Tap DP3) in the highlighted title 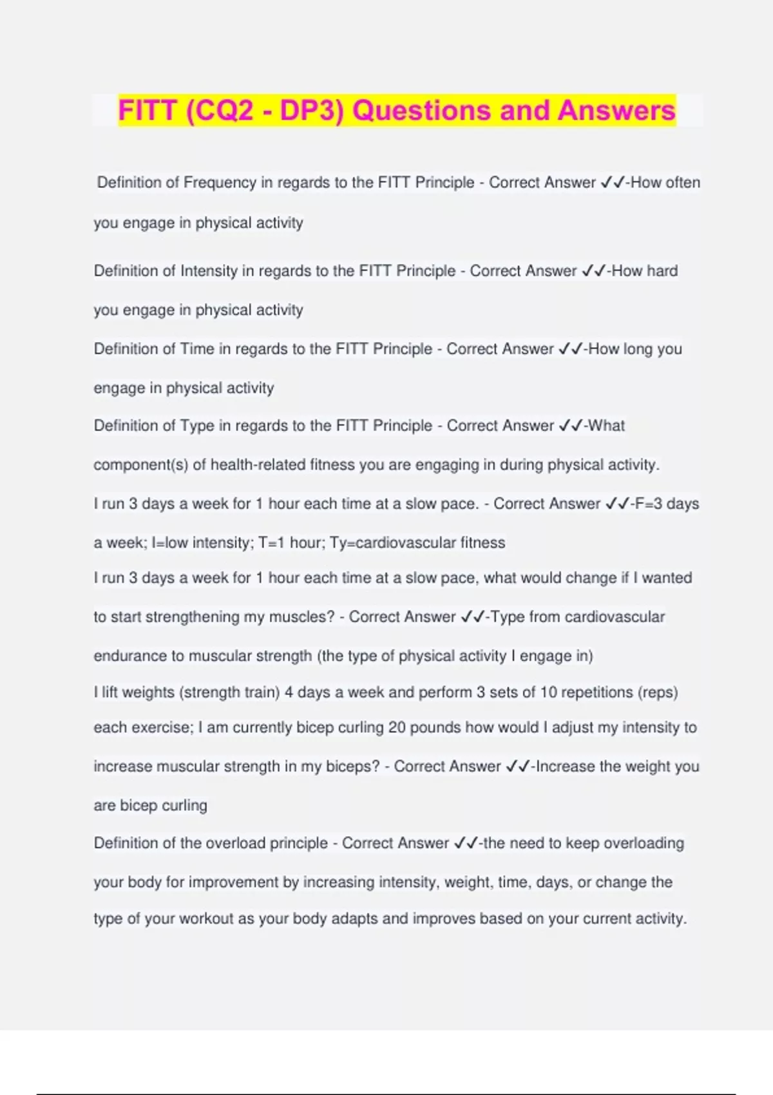(x=312, y=111)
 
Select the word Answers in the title (x=616, y=111)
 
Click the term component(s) (x=140, y=465)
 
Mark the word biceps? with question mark (x=350, y=766)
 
